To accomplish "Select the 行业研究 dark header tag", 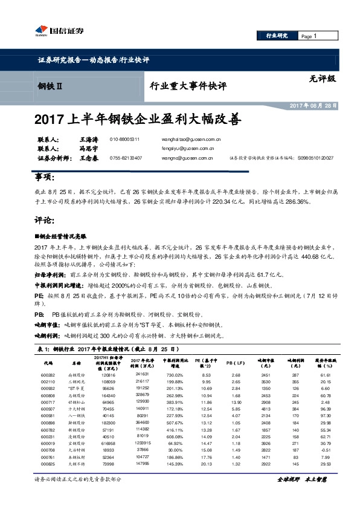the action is [277, 36].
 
